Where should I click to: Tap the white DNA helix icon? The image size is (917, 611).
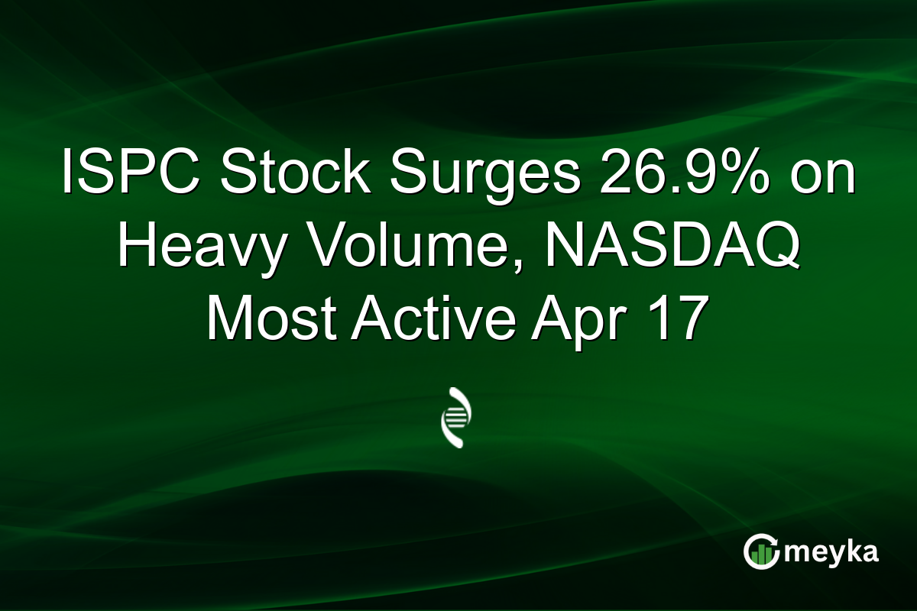point(456,417)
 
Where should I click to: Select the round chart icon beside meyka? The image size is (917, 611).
point(762,551)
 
